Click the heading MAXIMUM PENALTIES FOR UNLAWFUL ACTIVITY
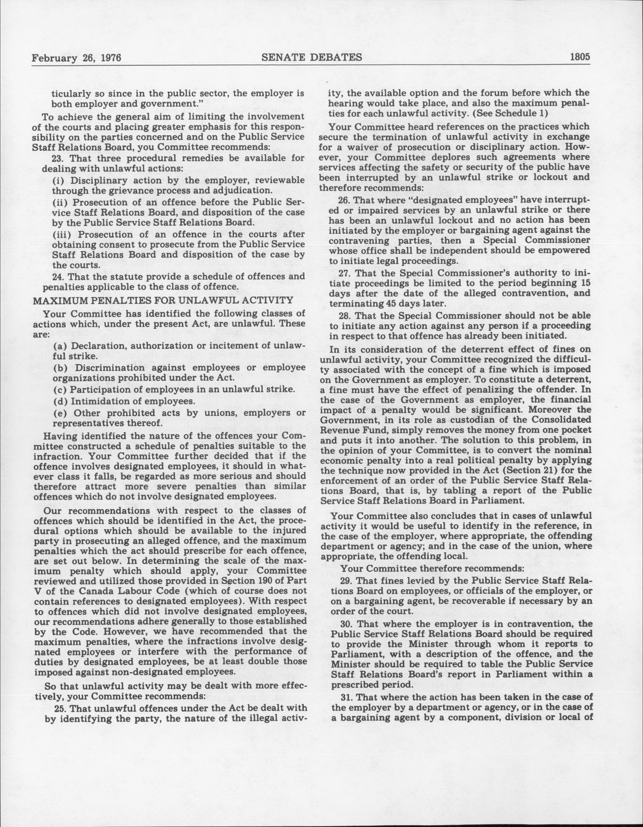163,300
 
